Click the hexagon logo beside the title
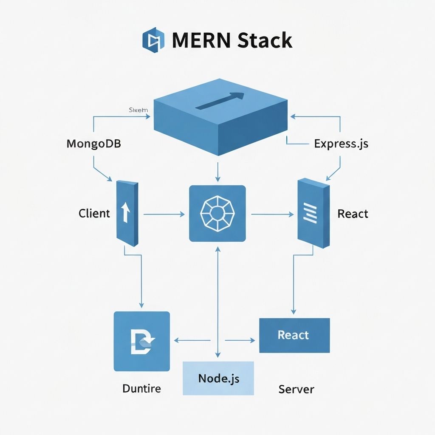coord(153,40)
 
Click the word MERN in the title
coord(201,41)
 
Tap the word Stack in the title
coord(265,41)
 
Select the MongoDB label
coord(94,144)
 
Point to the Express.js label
coord(341,144)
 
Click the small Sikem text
coord(138,110)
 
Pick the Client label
coord(94,213)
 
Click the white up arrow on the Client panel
coord(126,212)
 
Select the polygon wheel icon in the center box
coord(217,213)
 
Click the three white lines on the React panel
coord(311,213)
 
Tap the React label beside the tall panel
coord(353,213)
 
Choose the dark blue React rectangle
coord(294,335)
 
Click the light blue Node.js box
coord(218,378)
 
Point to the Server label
coord(296,389)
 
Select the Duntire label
coord(141,388)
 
